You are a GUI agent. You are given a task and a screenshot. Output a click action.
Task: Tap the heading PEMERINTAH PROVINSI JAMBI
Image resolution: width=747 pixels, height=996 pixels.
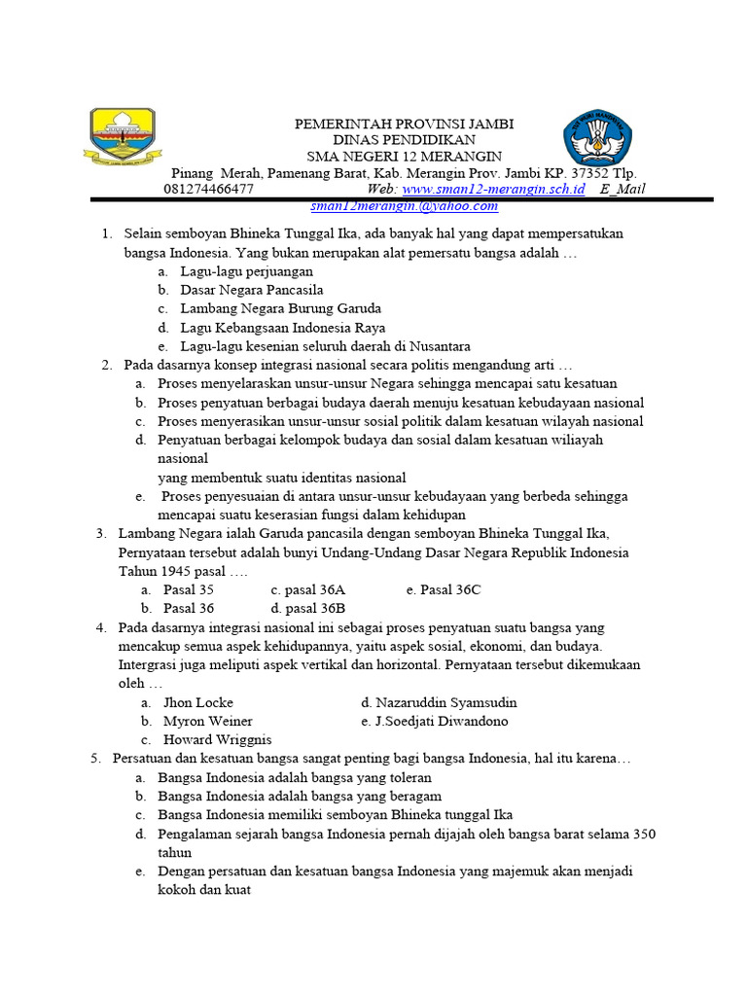pos(405,124)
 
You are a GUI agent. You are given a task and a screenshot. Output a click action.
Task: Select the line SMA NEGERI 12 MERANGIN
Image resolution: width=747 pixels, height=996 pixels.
pos(405,156)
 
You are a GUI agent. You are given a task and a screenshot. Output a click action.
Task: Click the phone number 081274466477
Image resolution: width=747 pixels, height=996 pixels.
pos(209,189)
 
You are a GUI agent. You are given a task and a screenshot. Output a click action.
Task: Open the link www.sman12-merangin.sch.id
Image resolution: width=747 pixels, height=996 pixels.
pos(493,189)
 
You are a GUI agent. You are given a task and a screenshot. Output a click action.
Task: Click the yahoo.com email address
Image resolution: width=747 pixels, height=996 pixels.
pos(404,205)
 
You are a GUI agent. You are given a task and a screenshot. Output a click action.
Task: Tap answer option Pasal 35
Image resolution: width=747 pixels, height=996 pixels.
pos(189,589)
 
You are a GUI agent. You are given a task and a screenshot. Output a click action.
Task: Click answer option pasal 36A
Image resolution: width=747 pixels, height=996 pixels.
pos(307,589)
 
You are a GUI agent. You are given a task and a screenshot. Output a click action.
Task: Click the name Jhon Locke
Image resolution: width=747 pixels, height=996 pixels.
pos(197,702)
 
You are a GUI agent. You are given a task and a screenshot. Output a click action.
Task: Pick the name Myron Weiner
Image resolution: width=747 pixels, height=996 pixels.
pos(207,721)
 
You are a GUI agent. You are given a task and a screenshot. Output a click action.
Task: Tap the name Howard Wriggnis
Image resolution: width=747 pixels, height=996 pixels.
pos(217,739)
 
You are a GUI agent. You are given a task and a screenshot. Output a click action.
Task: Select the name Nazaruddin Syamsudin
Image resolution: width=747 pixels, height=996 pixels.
pos(439,702)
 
